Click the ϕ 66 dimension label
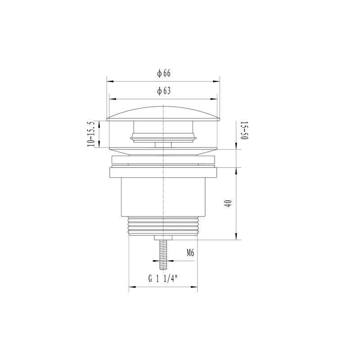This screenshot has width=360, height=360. coord(164,73)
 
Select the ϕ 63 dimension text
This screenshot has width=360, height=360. coord(164,91)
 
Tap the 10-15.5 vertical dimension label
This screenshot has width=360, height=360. coord(91,134)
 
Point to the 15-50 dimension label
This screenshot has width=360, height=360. coord(244,130)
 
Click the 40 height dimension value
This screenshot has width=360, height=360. coord(229,203)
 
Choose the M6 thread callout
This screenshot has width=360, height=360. coord(190,253)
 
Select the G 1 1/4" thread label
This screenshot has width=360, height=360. coord(163,279)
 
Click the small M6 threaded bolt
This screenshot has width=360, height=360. coord(163,254)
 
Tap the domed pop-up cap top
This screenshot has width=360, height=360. coord(163,113)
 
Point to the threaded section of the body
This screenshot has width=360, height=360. coord(163,226)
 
